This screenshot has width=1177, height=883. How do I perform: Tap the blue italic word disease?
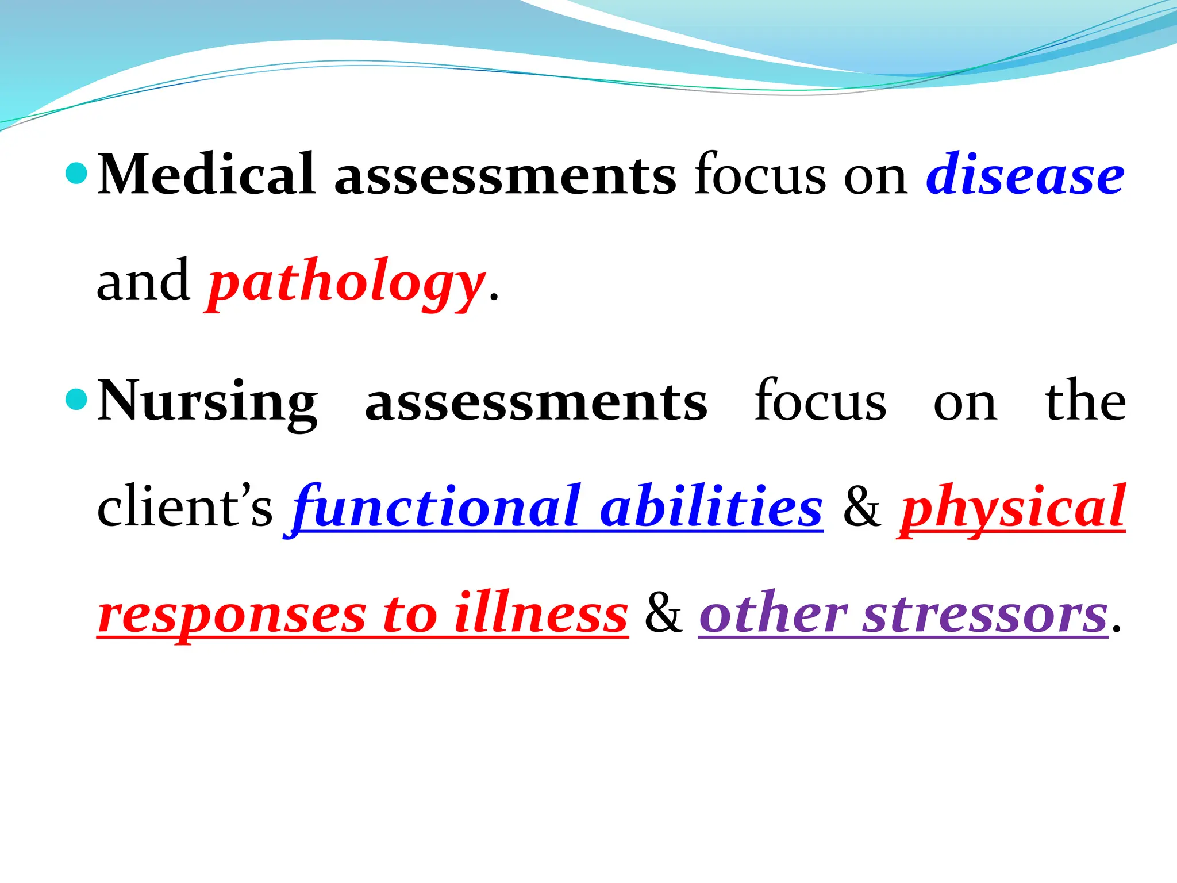coord(1025,174)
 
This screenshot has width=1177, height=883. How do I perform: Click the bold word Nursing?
coord(207,401)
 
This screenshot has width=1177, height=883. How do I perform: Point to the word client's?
coord(184,507)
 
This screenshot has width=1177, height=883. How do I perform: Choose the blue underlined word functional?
coord(437,507)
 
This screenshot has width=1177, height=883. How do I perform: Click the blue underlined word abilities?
coord(711,507)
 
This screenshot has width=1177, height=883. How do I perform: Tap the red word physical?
coord(1012,507)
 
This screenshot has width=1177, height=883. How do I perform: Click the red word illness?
coord(541,614)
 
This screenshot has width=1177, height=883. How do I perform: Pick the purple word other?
coord(773,614)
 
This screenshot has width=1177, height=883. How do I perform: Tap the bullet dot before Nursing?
coord(76,398)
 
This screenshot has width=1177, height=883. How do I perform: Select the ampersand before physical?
coord(861,507)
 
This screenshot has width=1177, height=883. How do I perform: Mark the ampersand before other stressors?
coord(663,614)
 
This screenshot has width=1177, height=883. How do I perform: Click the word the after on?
coord(1085,401)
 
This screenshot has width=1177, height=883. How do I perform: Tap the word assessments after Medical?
coord(505,174)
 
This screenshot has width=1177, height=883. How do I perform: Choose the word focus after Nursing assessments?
coord(820,401)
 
